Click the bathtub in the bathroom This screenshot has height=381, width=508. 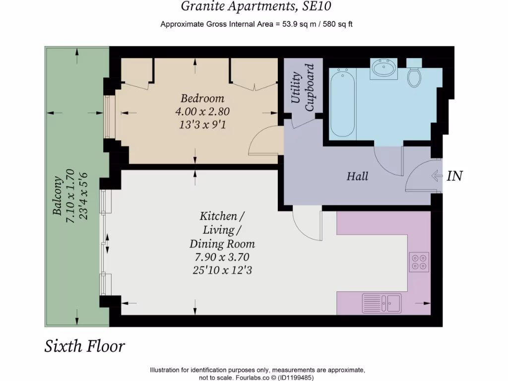(342, 103)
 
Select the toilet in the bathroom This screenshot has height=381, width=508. (414, 74)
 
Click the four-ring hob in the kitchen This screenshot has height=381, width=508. (419, 261)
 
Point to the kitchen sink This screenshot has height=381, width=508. (381, 303)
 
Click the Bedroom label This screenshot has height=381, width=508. (202, 98)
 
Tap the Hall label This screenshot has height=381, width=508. (357, 176)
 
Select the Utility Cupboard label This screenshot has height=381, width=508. (303, 87)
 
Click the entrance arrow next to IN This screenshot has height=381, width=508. (437, 176)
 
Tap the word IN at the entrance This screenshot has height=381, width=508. (455, 176)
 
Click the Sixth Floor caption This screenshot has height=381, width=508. (85, 346)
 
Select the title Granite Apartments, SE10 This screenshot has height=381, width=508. (255, 6)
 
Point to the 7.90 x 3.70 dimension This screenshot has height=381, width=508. (222, 257)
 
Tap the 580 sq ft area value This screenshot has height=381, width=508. (337, 24)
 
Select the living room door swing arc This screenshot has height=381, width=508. (305, 226)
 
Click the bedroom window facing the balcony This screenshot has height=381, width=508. (109, 117)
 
